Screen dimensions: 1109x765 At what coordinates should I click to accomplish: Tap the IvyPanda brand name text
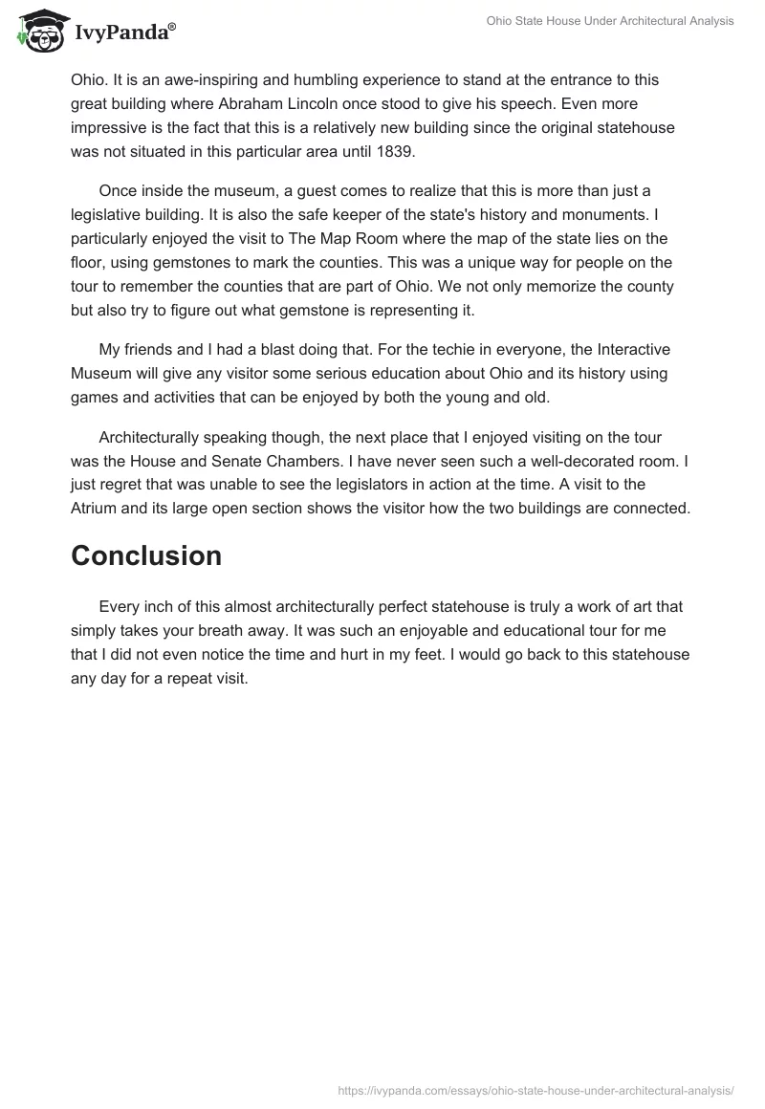tap(124, 33)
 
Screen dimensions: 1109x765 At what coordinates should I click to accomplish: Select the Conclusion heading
tap(146, 555)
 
